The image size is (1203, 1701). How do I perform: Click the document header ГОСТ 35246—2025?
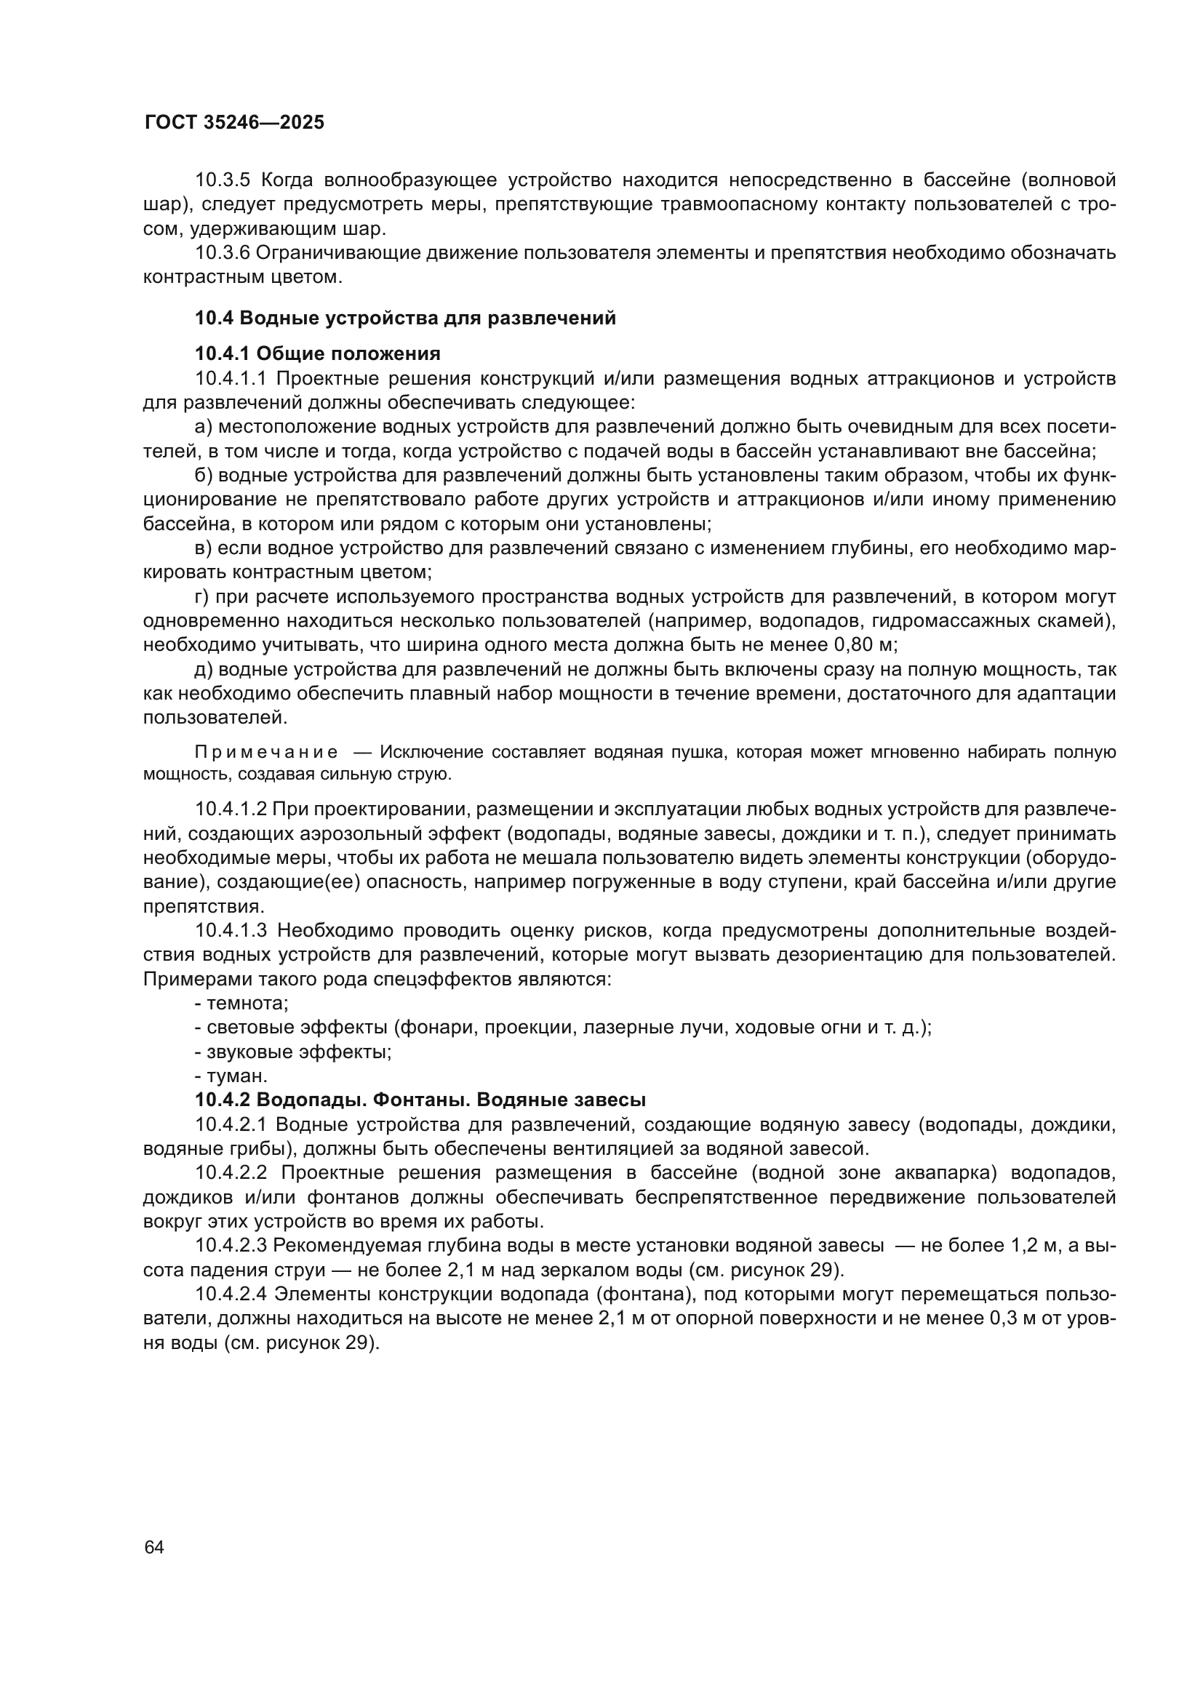tap(234, 123)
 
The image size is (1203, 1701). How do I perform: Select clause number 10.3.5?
tap(224, 180)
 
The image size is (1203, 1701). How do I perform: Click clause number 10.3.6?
tap(224, 252)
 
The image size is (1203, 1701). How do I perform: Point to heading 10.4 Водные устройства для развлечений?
tap(405, 318)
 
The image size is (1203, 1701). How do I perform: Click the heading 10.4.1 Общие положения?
tap(317, 353)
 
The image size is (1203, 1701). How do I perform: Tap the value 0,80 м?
tap(865, 644)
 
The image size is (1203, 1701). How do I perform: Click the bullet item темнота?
tap(241, 1004)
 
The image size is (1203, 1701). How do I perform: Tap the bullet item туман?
tap(231, 1076)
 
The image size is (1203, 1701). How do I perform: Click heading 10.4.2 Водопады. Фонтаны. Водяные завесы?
tap(420, 1100)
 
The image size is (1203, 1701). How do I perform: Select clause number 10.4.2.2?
tap(231, 1173)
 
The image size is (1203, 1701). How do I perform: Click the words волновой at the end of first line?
tap(1074, 180)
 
